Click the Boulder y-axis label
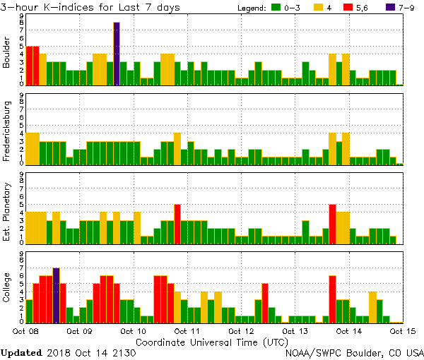(7, 53)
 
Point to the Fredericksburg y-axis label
(7, 131)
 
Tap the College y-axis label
(7, 289)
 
